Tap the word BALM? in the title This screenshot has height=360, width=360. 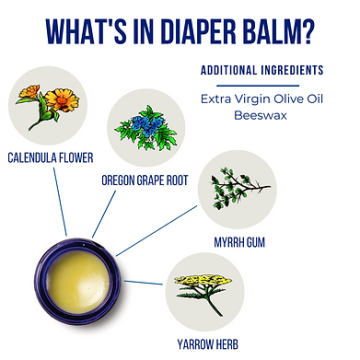(276, 31)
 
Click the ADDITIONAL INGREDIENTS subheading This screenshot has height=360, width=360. (261, 70)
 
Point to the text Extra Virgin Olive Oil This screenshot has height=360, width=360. (261, 99)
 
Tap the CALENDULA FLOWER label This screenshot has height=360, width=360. (50, 157)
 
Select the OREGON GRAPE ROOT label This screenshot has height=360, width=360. (145, 180)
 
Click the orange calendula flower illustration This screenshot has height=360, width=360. (48, 105)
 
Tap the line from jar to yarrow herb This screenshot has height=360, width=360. (145, 283)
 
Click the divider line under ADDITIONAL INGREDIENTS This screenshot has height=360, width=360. (261, 83)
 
